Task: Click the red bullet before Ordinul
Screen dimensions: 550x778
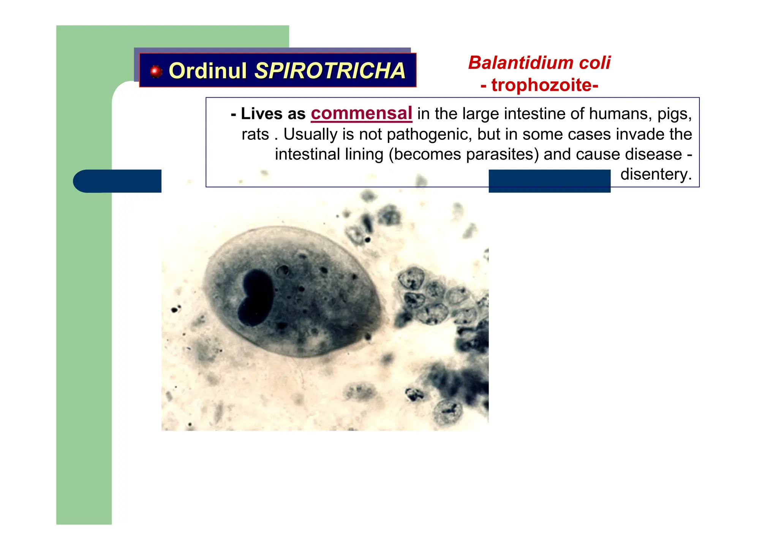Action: pos(155,71)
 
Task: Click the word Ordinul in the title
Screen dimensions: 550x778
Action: pos(207,71)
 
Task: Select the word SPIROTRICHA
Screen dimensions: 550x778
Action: pos(330,71)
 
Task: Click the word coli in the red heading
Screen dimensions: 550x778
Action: pos(595,63)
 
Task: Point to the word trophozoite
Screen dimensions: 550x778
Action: pos(541,85)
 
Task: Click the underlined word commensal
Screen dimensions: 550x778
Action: pos(361,113)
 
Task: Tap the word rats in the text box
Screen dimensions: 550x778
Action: pos(255,134)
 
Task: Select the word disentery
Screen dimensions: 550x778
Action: pos(656,174)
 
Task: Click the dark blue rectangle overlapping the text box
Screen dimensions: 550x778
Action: pos(549,181)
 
